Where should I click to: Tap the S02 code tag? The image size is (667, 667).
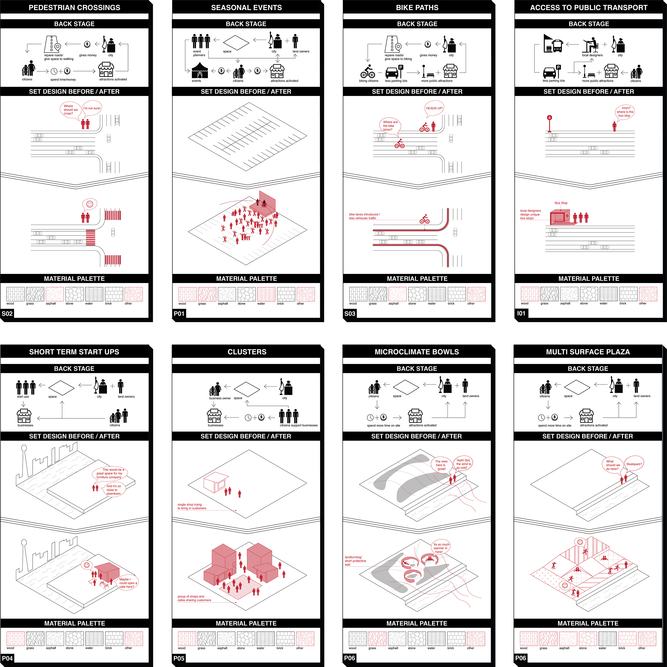click(7, 314)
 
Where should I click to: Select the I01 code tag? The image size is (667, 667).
click(521, 314)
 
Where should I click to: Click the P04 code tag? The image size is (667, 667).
click(7, 658)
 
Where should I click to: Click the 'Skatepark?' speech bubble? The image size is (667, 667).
click(634, 465)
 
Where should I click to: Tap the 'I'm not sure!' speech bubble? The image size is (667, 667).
click(92, 109)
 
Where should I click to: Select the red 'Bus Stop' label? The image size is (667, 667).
click(561, 203)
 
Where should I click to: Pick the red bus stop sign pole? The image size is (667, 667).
click(549, 124)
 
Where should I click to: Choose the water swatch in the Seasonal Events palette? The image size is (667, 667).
click(266, 294)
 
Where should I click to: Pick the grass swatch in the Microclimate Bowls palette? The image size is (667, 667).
click(378, 639)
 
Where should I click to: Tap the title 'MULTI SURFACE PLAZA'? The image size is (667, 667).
click(588, 352)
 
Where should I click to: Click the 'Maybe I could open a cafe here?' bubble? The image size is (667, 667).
click(128, 583)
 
